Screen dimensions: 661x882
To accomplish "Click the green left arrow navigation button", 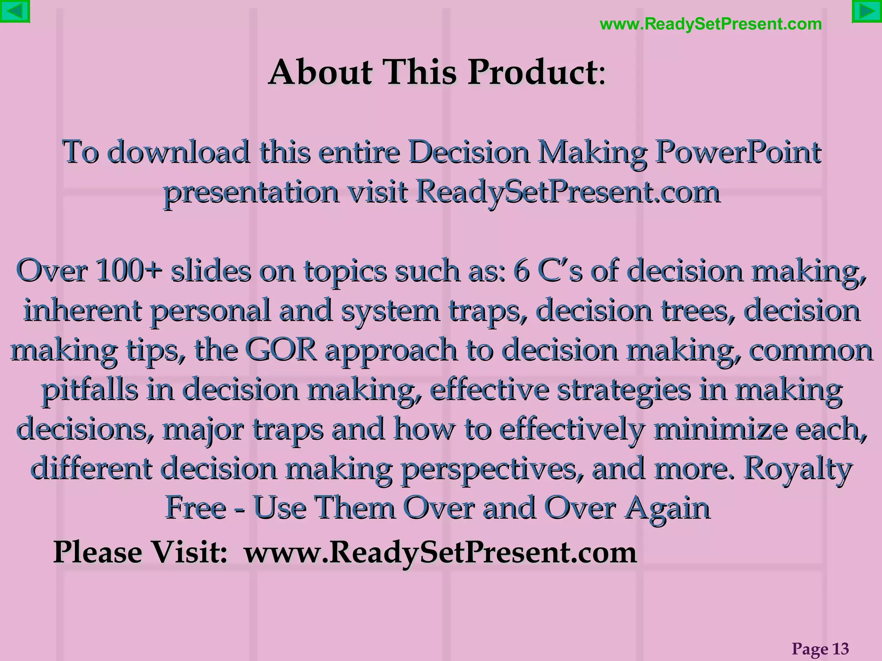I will [15, 11].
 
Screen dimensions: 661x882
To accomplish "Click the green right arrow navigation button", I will [867, 12].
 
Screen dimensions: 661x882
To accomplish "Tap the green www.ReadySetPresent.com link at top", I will [711, 24].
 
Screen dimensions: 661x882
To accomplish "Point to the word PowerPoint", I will [738, 153].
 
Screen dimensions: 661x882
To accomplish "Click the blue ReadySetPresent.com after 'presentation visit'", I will [568, 192].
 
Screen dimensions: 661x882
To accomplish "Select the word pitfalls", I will [90, 390].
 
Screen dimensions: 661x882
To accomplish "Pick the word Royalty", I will [798, 469].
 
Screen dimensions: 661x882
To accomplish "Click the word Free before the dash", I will [196, 508].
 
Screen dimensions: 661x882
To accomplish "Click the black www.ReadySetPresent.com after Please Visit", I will [440, 553].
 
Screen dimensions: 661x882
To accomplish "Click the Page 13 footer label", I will [820, 649].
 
